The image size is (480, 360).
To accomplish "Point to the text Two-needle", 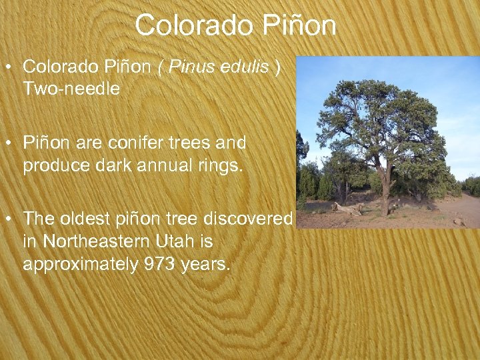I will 71,89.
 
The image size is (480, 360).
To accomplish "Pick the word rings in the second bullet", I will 221,165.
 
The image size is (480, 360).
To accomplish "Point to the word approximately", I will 81,263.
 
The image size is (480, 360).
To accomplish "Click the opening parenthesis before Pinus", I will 162,67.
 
